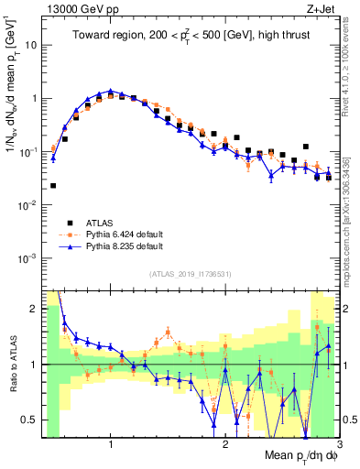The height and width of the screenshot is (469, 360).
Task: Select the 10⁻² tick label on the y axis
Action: point(29,205)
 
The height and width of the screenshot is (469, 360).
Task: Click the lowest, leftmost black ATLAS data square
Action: point(53,186)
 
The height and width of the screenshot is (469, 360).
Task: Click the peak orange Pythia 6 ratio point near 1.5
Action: point(169,333)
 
